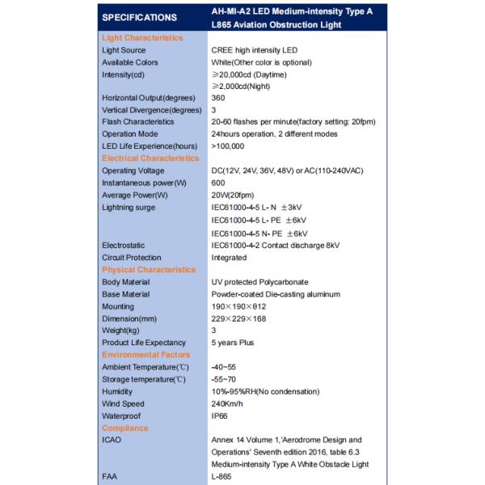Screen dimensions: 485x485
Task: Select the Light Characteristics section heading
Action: click(x=142, y=38)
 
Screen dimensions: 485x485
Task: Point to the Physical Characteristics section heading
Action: click(x=149, y=270)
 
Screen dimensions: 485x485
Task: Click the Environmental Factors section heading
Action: click(x=145, y=355)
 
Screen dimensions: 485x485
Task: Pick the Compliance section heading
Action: click(x=125, y=428)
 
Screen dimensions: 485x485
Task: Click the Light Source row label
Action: click(x=124, y=50)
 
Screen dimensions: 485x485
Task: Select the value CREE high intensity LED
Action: click(x=255, y=50)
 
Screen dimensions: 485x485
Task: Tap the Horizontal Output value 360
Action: click(x=218, y=98)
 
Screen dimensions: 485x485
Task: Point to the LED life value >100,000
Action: click(x=227, y=146)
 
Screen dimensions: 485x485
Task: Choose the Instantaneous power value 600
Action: click(x=218, y=183)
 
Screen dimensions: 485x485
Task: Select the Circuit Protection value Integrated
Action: click(x=229, y=258)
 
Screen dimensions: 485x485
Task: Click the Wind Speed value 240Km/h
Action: click(x=227, y=403)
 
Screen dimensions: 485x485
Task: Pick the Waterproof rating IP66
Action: click(x=220, y=415)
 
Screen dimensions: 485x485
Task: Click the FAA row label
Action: click(x=110, y=477)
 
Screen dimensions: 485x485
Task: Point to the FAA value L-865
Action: click(x=221, y=477)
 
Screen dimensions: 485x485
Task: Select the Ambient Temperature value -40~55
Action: click(x=224, y=367)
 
